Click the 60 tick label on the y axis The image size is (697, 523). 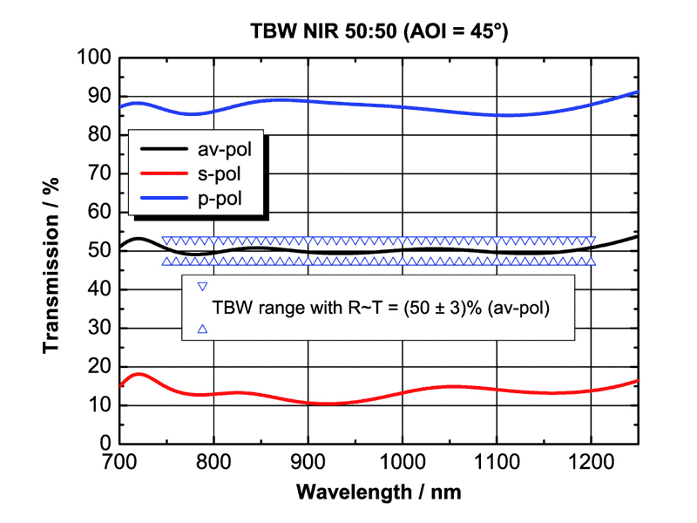click(99, 213)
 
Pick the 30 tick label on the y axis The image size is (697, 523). click(99, 329)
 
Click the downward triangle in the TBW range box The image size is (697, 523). click(202, 286)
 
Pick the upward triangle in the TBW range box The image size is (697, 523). click(202, 329)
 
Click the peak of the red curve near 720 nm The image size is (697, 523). click(139, 374)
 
